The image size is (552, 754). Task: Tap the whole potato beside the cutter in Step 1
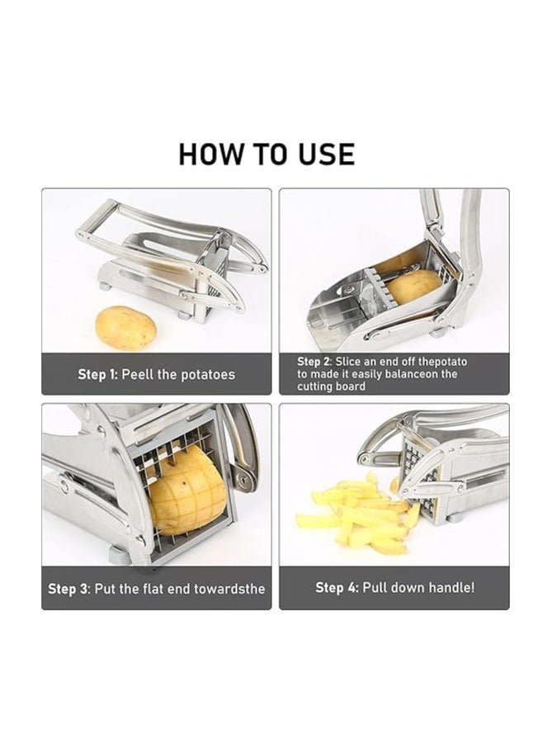click(x=126, y=329)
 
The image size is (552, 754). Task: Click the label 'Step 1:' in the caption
click(x=97, y=375)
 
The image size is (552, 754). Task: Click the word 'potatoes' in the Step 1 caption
click(x=208, y=375)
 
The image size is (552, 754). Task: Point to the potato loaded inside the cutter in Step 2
click(x=413, y=286)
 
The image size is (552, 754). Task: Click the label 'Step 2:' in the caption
click(x=314, y=362)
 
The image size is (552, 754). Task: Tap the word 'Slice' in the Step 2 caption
click(x=347, y=362)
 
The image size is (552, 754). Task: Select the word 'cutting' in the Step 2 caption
click(x=314, y=386)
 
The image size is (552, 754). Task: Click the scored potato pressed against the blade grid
click(x=187, y=491)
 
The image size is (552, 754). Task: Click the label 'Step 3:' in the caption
click(x=69, y=589)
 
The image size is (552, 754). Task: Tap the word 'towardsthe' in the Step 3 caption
click(x=229, y=589)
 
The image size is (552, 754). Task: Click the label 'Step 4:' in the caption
click(x=337, y=588)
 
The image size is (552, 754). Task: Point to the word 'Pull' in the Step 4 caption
click(x=375, y=588)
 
